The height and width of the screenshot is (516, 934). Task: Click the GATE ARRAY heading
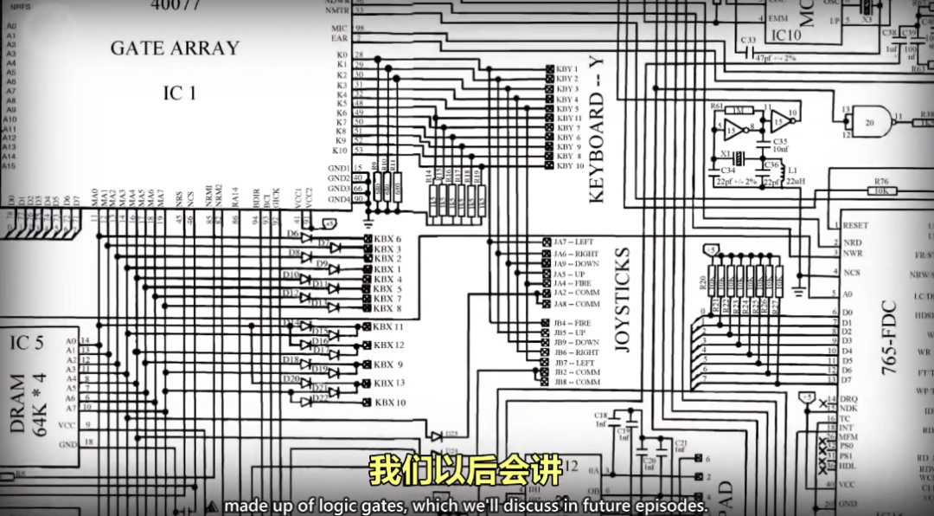click(174, 48)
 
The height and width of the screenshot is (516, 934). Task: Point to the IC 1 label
click(180, 93)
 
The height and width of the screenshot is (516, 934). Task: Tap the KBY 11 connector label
click(569, 118)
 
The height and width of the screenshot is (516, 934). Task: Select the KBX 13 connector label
click(389, 383)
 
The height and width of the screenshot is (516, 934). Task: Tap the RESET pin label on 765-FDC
click(855, 225)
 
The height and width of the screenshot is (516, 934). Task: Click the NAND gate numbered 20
click(869, 122)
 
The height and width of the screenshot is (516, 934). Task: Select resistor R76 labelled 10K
click(881, 187)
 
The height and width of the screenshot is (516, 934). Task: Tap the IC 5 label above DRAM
click(27, 343)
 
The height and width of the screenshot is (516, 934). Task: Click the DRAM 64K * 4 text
click(28, 404)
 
